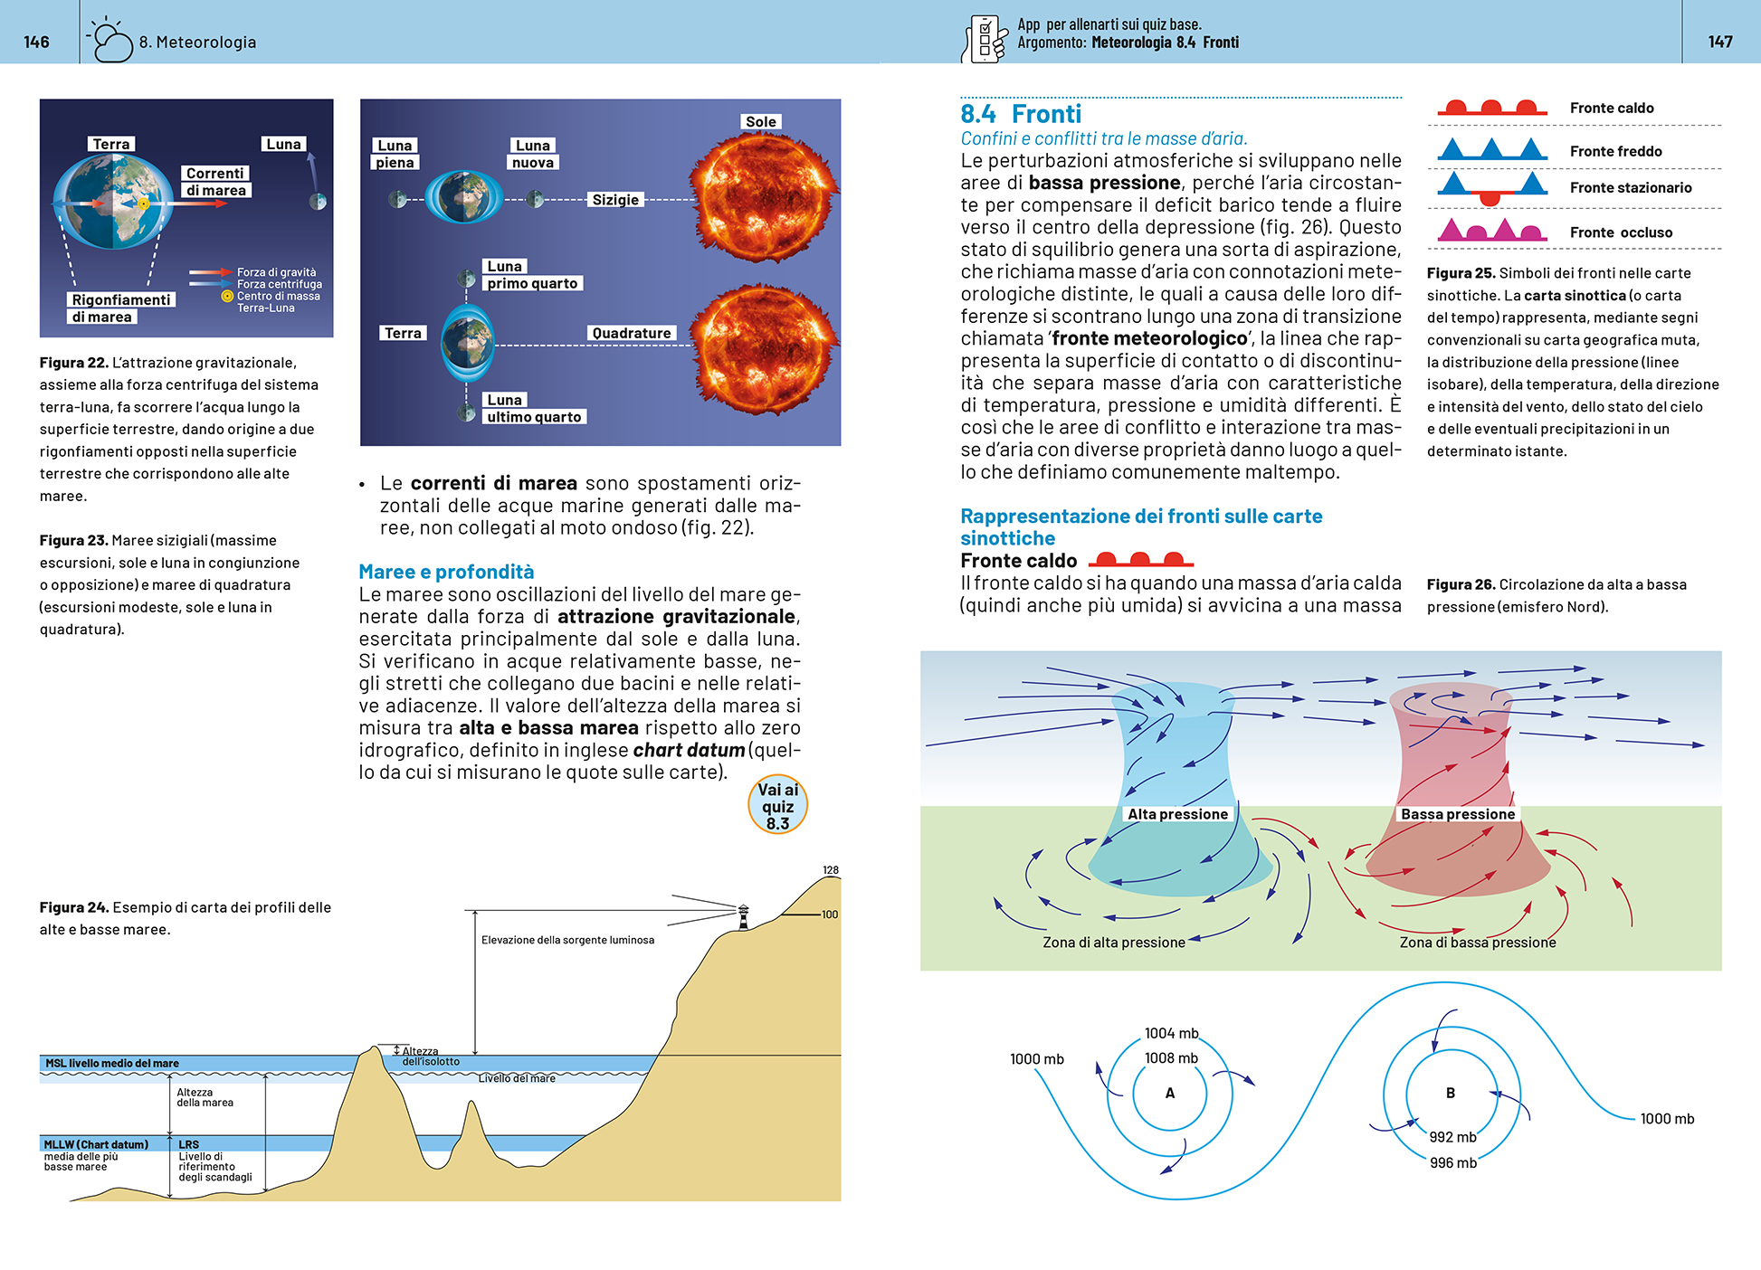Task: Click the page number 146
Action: [x=36, y=42]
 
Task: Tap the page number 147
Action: [x=1720, y=42]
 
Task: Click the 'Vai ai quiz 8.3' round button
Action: [x=777, y=805]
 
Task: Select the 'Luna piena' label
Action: [x=395, y=154]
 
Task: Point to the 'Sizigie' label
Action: [x=615, y=200]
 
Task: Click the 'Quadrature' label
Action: [x=631, y=333]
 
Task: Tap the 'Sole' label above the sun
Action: [x=760, y=122]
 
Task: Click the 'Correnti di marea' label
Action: [x=215, y=182]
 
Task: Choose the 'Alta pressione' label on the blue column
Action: [x=1177, y=814]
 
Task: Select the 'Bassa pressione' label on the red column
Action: [x=1457, y=814]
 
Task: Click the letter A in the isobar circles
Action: [x=1170, y=1094]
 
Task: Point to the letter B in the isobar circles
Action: [x=1451, y=1094]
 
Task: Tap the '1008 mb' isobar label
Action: [x=1171, y=1058]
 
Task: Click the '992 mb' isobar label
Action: [x=1452, y=1137]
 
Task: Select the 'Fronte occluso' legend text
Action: [x=1621, y=232]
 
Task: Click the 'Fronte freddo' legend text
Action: [x=1615, y=151]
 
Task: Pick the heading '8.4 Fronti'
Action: [x=1021, y=114]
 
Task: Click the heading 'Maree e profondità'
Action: [x=446, y=572]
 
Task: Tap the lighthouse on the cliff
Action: [x=743, y=916]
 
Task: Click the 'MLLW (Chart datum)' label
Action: [x=96, y=1144]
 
